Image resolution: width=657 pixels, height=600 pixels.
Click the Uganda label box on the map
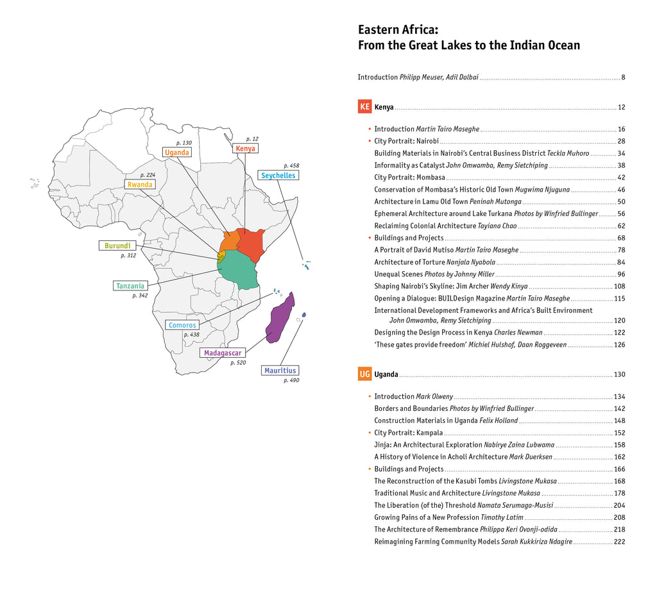pos(176,153)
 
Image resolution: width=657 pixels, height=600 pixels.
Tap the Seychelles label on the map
pos(278,175)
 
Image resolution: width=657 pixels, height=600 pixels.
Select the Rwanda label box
pos(140,185)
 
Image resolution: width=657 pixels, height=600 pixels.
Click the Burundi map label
pos(117,246)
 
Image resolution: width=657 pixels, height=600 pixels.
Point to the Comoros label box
pos(182,325)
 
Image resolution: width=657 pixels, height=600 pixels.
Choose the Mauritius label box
pos(280,371)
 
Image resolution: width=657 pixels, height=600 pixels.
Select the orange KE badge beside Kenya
pos(364,106)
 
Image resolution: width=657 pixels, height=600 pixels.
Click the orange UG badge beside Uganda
pos(364,374)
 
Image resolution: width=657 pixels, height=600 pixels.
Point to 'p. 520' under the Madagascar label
pos(238,363)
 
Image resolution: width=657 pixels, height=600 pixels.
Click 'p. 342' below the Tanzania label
pos(140,296)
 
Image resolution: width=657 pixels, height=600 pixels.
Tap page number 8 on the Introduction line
pos(623,78)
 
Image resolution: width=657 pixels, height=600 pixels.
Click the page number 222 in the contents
pos(619,542)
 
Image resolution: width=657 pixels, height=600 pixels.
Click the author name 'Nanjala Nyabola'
pos(470,262)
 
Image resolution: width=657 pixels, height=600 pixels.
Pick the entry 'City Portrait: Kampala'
pos(408,433)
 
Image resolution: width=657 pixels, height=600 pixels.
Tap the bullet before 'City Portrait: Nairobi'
pos(369,141)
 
